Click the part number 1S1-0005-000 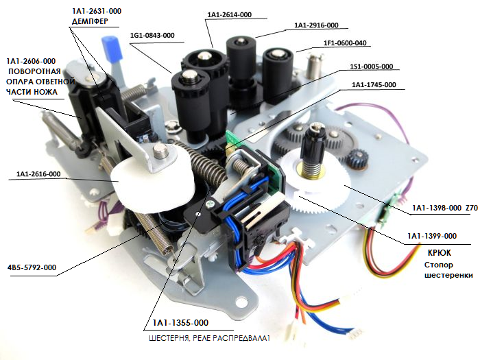coord(371,67)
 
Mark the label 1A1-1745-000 coord(374,85)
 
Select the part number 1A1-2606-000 coord(31,61)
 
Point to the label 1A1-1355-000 coord(180,322)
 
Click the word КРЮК coord(429,252)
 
